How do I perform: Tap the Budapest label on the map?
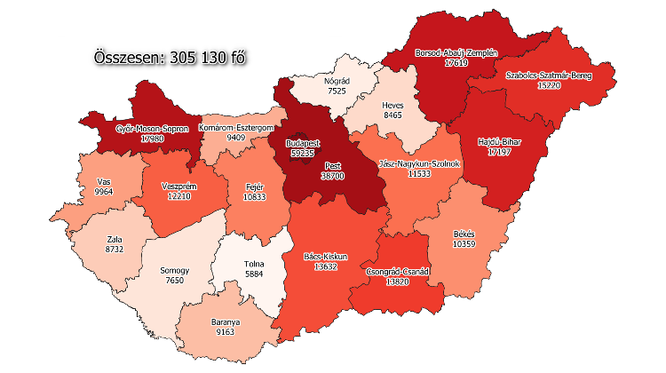pos(303,143)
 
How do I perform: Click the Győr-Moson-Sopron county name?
pos(152,128)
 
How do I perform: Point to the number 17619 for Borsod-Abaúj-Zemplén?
pos(456,63)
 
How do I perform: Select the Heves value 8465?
pos(393,115)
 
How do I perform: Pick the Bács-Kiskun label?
pos(326,257)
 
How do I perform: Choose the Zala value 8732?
pos(113,251)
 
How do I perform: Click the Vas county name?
pos(104,180)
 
